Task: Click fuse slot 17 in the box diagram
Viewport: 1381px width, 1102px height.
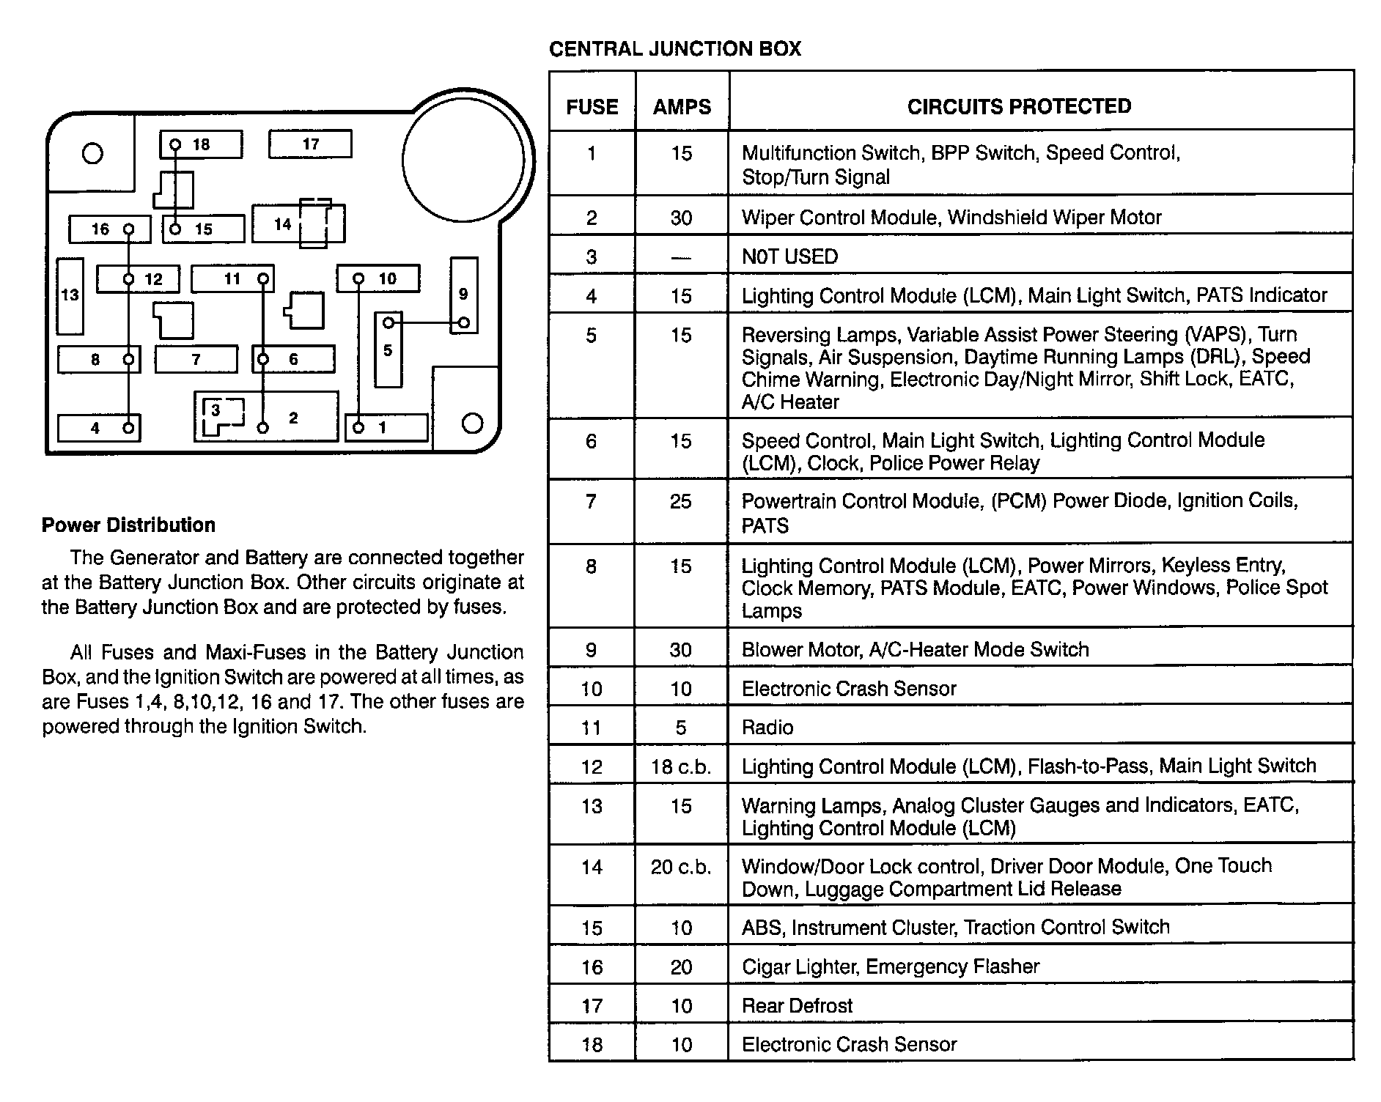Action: (x=310, y=144)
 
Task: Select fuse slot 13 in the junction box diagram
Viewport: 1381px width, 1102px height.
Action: (x=70, y=295)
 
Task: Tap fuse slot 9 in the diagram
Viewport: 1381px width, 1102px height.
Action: (x=463, y=295)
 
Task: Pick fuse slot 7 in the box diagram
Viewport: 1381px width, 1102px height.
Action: (x=196, y=360)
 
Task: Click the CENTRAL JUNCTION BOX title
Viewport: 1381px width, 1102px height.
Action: (x=674, y=49)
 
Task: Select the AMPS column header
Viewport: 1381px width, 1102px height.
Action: (x=682, y=107)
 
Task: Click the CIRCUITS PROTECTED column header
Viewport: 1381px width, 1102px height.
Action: (x=1019, y=106)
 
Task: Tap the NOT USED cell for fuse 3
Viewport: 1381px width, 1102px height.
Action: (x=789, y=256)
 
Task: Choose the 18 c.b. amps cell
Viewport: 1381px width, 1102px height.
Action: (x=681, y=766)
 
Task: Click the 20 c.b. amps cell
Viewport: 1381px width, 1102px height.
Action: (x=681, y=868)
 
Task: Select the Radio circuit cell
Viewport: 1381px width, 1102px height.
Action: (x=767, y=728)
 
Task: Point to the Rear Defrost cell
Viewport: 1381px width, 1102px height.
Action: (x=797, y=1005)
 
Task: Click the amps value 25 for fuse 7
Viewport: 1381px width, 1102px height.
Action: (x=681, y=502)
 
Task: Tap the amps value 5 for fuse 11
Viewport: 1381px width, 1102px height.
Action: (x=681, y=728)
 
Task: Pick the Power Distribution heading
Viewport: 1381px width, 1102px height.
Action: (x=128, y=525)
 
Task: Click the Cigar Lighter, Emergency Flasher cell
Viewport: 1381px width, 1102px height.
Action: (x=890, y=966)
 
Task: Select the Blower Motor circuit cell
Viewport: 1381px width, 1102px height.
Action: (x=915, y=649)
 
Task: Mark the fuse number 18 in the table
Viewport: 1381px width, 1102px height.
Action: (x=592, y=1044)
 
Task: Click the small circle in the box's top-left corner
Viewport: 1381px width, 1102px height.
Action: (x=92, y=154)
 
